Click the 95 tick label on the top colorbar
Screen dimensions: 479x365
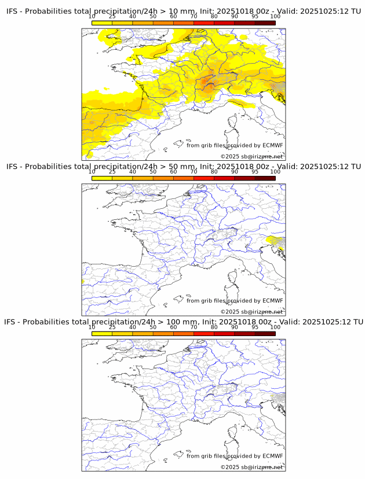tap(254, 17)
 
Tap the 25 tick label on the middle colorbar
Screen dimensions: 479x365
tap(112, 172)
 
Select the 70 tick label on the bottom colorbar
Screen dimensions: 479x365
tap(194, 327)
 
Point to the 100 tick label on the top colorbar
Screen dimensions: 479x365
tap(275, 17)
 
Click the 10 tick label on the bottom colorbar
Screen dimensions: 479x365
tap(92, 327)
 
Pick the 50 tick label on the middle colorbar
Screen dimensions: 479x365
tap(153, 172)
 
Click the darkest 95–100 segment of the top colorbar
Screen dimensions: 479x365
tap(265, 23)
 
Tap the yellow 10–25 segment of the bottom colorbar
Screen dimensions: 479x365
tap(102, 334)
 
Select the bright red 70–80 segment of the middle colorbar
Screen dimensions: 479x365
tap(203, 178)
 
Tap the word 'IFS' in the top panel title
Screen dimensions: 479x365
tap(14, 11)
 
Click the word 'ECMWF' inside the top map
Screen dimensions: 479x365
tap(272, 145)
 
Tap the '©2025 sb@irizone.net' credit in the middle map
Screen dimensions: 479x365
tap(251, 312)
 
